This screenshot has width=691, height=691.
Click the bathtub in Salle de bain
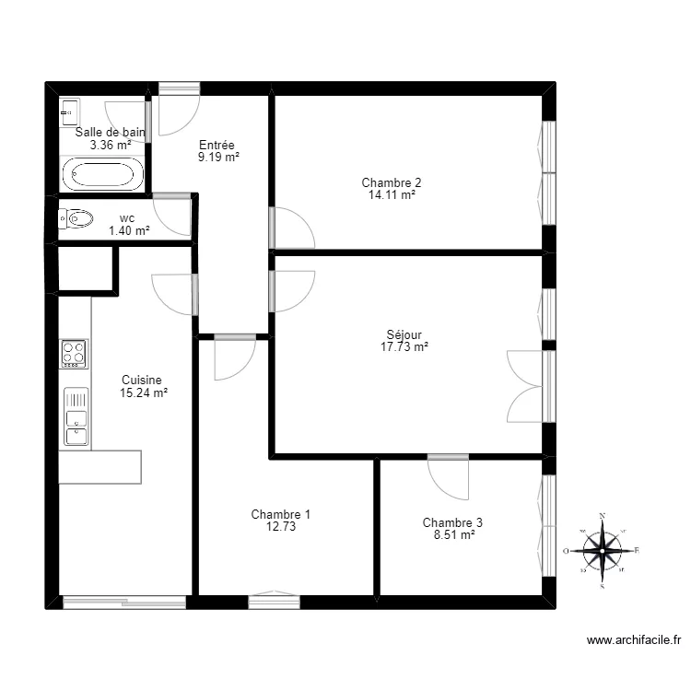[102, 174]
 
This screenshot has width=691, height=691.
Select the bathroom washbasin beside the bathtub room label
[68, 114]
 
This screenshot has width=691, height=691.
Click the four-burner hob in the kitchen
[74, 353]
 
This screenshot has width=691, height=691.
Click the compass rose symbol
[602, 551]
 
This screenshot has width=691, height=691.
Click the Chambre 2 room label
[391, 182]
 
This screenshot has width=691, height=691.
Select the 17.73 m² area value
[405, 347]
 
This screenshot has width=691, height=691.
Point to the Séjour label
[405, 335]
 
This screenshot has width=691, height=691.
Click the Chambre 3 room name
[452, 522]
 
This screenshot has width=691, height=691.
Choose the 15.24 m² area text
[143, 392]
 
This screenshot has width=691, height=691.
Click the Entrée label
[217, 146]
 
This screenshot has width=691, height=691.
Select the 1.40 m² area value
[129, 230]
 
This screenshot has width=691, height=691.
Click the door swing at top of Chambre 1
[234, 359]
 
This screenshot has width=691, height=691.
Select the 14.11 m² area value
[391, 195]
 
